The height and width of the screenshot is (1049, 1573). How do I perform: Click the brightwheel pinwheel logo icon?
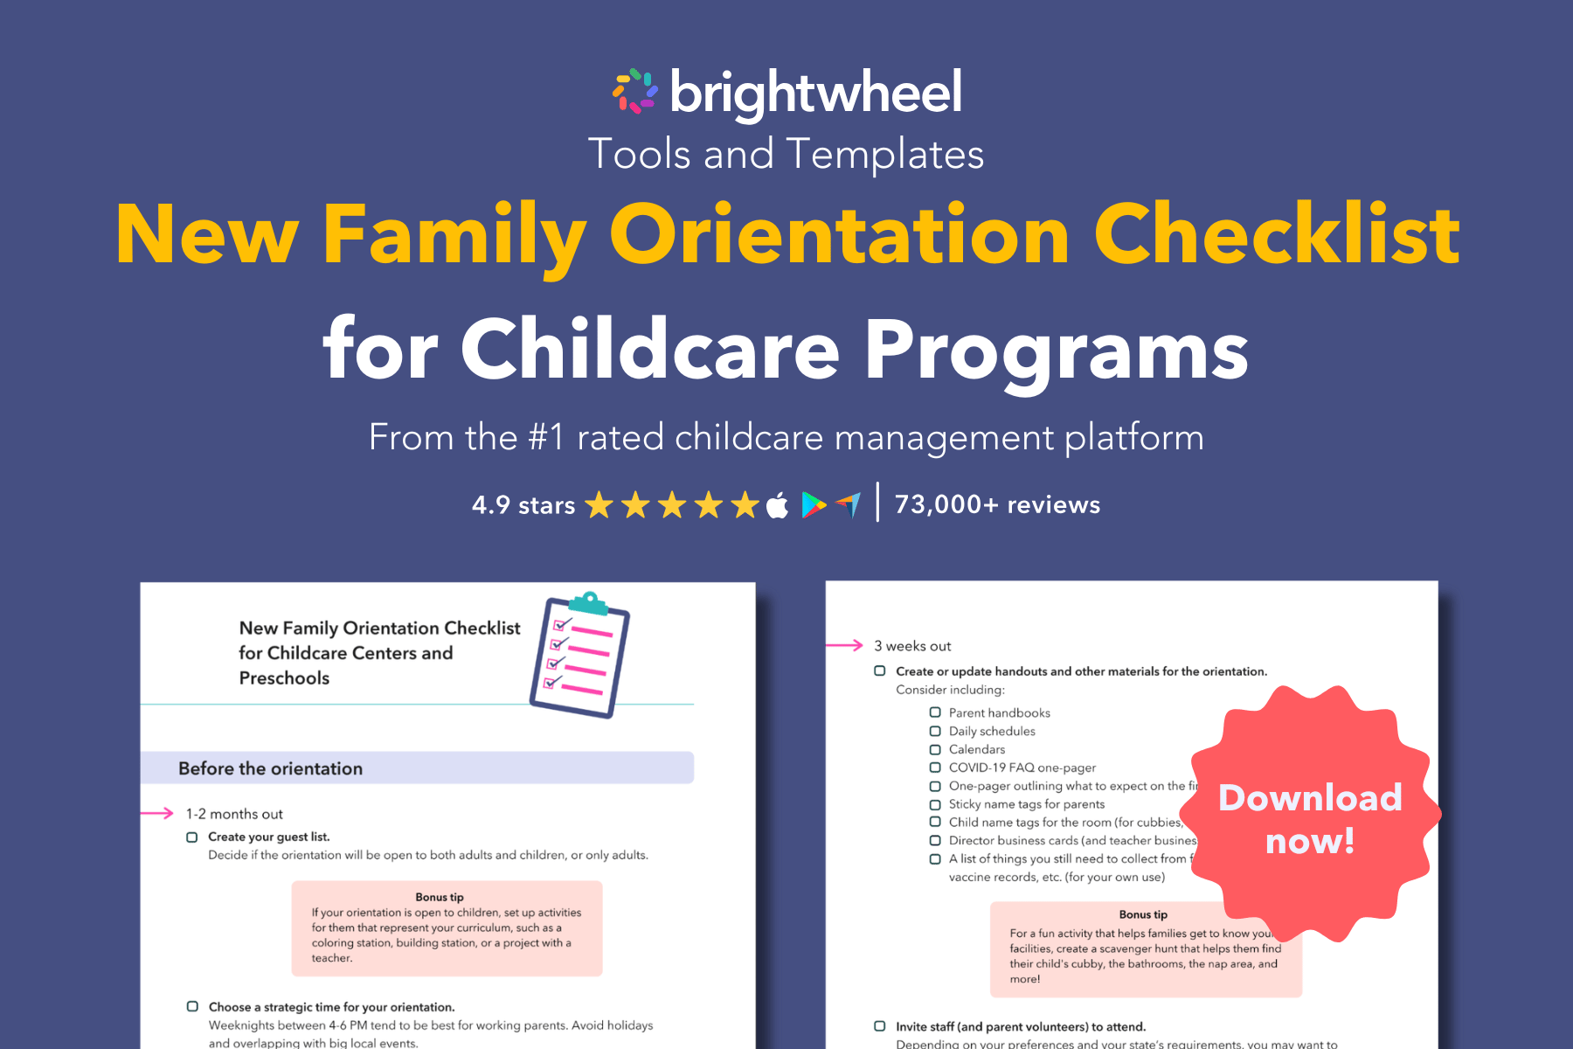[635, 92]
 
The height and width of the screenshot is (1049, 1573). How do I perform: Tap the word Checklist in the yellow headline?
[1276, 234]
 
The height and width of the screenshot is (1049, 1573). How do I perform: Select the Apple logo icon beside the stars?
[777, 505]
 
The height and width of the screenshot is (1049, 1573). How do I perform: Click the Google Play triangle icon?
[814, 505]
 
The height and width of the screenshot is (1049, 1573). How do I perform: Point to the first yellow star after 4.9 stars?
[599, 505]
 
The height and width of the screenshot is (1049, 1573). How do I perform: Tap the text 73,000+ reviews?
[997, 505]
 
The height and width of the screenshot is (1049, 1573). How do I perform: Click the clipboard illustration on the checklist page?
[579, 655]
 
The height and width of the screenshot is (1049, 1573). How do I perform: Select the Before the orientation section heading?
[270, 768]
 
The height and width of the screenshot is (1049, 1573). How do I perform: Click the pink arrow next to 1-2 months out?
[157, 813]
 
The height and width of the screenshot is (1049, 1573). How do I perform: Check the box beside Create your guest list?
[192, 837]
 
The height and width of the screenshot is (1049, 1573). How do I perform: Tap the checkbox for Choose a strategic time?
[192, 1007]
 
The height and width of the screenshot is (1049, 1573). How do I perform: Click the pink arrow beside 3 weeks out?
[844, 645]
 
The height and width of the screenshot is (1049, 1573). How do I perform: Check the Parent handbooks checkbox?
[935, 712]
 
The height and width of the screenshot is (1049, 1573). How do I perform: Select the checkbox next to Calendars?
[935, 749]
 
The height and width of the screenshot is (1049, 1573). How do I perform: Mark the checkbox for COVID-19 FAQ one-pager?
[935, 768]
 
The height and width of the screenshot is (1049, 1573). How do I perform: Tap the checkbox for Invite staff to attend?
[880, 1026]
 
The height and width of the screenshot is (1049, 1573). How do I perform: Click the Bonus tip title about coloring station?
[440, 897]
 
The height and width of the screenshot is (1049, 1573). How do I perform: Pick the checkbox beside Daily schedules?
[935, 731]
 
